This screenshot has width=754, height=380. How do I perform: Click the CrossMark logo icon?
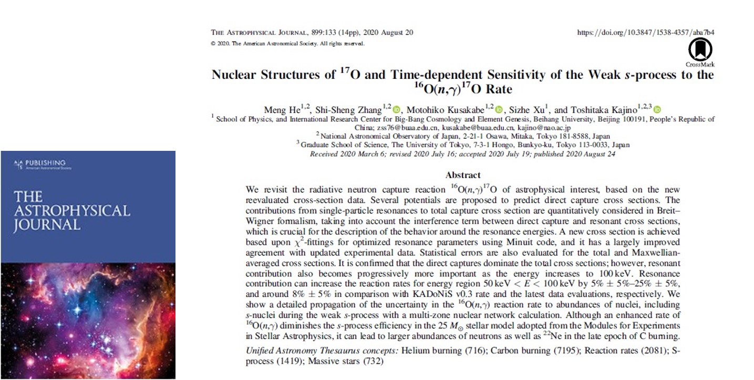pyautogui.click(x=700, y=50)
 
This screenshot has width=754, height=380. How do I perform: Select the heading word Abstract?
pyautogui.click(x=462, y=175)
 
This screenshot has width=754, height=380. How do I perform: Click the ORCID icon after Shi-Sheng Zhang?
pyautogui.click(x=396, y=110)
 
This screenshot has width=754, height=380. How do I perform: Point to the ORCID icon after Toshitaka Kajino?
pyautogui.click(x=657, y=110)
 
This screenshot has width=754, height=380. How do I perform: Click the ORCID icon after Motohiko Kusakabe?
pyautogui.click(x=499, y=110)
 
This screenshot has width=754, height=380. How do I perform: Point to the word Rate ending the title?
pyautogui.click(x=499, y=89)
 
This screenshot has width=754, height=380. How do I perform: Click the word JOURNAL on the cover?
pyautogui.click(x=47, y=225)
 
